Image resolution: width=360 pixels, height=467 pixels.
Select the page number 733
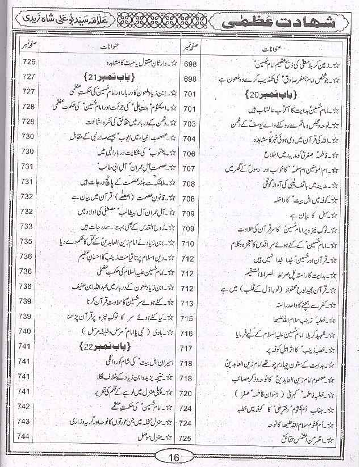click(28, 226)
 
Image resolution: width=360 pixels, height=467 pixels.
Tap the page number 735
click(28, 241)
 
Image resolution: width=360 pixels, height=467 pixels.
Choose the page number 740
click(28, 331)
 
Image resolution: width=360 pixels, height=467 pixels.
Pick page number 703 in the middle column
click(190, 124)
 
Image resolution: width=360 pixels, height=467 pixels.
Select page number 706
click(190, 154)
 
